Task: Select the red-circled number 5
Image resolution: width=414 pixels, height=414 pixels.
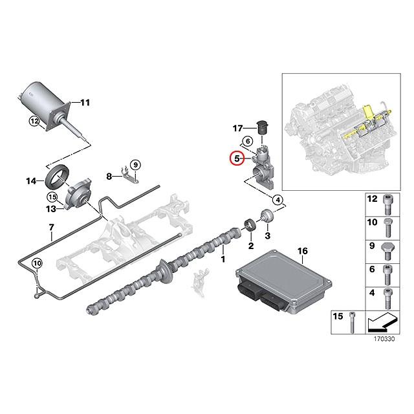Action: (237, 158)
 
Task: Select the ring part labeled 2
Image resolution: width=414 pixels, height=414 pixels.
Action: (248, 227)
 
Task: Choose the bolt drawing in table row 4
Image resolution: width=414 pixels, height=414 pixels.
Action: (387, 298)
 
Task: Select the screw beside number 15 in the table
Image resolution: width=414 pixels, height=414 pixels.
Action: (351, 321)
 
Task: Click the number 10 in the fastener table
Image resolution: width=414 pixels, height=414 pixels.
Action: (372, 222)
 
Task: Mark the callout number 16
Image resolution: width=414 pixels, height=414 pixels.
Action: (301, 250)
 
